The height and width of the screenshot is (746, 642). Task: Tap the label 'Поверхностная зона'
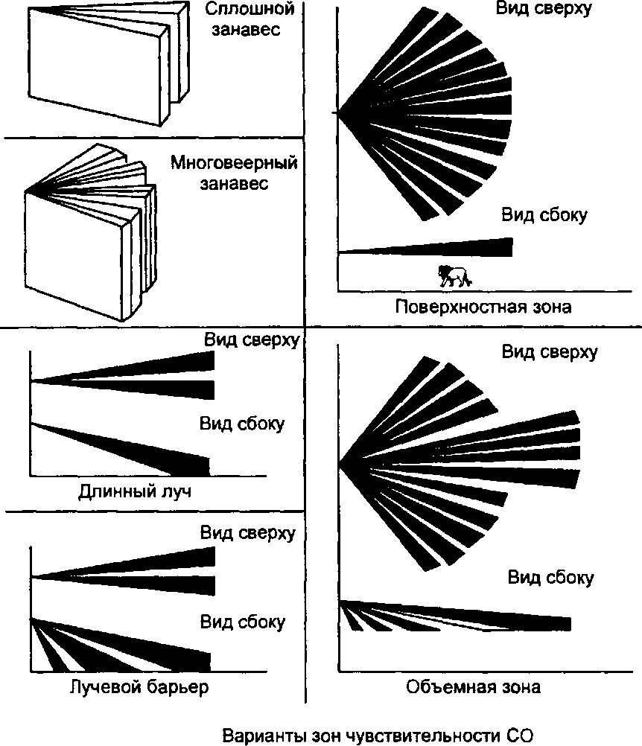[x=484, y=307]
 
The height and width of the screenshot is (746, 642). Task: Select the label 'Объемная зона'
[x=474, y=686]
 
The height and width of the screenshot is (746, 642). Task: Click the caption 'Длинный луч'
[x=130, y=492]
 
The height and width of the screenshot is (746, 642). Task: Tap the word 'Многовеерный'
[x=234, y=163]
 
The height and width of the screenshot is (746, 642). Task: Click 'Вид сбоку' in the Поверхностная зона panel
[x=544, y=216]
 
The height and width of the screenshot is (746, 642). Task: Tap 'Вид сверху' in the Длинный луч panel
[x=252, y=340]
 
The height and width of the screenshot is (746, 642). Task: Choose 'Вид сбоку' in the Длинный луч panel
[x=241, y=424]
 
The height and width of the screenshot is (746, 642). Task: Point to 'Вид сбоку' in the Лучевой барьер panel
[x=242, y=621]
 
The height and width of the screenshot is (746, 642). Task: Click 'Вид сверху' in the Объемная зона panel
[x=549, y=352]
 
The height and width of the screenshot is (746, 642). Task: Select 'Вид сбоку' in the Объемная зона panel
[x=551, y=578]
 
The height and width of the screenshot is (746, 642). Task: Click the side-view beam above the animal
[x=447, y=247]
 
